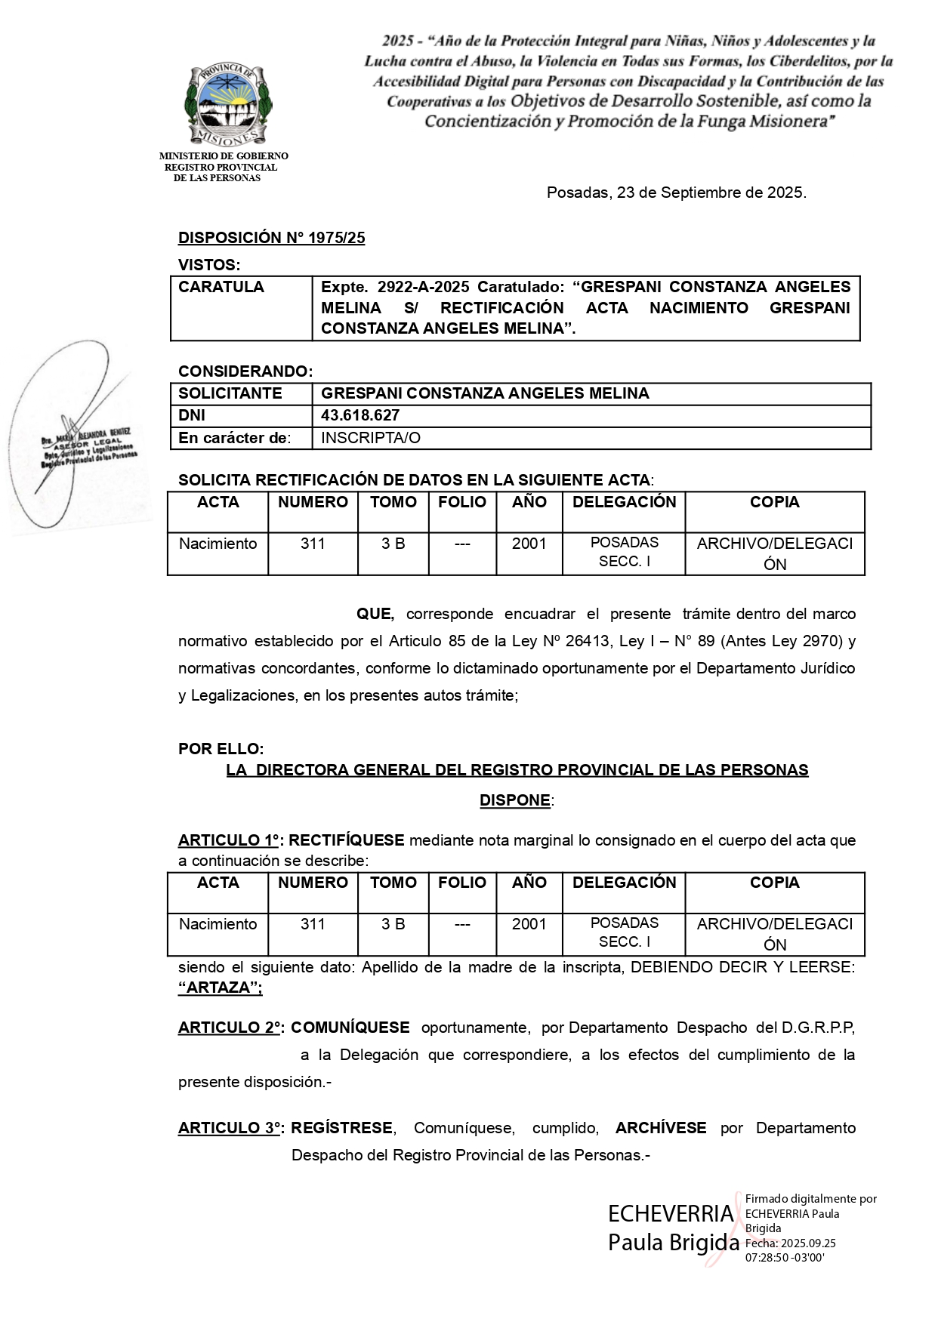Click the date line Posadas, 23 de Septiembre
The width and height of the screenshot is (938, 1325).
click(x=676, y=193)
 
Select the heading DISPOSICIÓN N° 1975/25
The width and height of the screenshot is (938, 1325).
click(x=271, y=238)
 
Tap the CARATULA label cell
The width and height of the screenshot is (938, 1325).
click(x=221, y=287)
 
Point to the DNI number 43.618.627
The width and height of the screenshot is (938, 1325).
click(x=360, y=415)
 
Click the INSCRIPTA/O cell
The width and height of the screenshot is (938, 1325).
click(x=371, y=438)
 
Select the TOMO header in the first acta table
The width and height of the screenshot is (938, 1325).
click(x=393, y=503)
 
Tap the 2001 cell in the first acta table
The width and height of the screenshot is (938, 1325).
click(x=529, y=544)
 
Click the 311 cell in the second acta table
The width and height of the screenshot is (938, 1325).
click(x=313, y=924)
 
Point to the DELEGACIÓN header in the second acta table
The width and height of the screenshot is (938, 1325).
click(x=624, y=883)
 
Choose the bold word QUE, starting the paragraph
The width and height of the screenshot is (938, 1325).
click(x=375, y=614)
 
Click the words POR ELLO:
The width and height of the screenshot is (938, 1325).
click(x=221, y=749)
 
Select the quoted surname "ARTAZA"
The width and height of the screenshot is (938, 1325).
click(x=220, y=988)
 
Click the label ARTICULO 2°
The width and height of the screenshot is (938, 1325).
click(x=230, y=1028)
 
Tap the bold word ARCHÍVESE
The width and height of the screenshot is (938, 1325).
click(x=661, y=1128)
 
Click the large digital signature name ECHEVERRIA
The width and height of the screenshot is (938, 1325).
click(x=671, y=1214)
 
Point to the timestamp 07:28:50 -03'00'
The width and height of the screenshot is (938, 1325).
click(x=785, y=1258)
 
